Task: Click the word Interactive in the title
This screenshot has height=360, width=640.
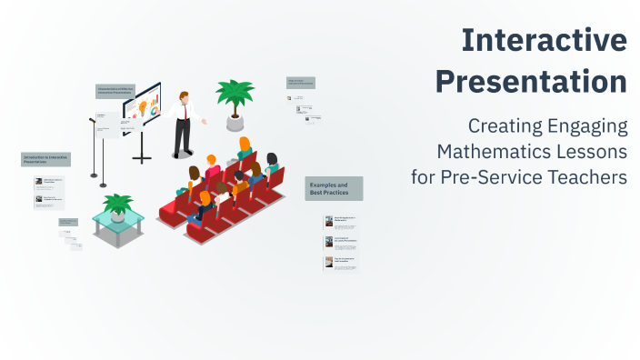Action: point(544,40)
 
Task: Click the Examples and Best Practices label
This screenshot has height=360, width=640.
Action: point(334,188)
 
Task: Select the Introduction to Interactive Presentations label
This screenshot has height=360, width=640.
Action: point(45,160)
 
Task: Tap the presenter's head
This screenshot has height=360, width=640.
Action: point(185,95)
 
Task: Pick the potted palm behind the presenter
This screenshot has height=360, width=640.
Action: point(235,94)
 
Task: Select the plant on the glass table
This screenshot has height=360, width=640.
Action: point(118,204)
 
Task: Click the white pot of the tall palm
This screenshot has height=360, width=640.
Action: point(235,122)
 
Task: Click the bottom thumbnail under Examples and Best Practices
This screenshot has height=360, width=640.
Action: point(329,262)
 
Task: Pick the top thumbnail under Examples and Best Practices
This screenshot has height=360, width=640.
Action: point(329,221)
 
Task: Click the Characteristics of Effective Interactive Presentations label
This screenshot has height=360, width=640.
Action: point(115,91)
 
